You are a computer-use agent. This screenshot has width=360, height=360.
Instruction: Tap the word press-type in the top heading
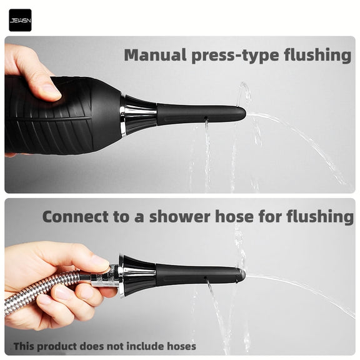point(233,56)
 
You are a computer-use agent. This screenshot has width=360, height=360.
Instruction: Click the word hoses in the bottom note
point(181,346)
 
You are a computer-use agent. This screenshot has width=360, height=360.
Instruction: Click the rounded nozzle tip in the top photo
point(241,114)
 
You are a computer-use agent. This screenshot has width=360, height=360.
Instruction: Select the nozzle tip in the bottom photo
point(241,274)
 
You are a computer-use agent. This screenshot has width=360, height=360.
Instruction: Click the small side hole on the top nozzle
point(207,118)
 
